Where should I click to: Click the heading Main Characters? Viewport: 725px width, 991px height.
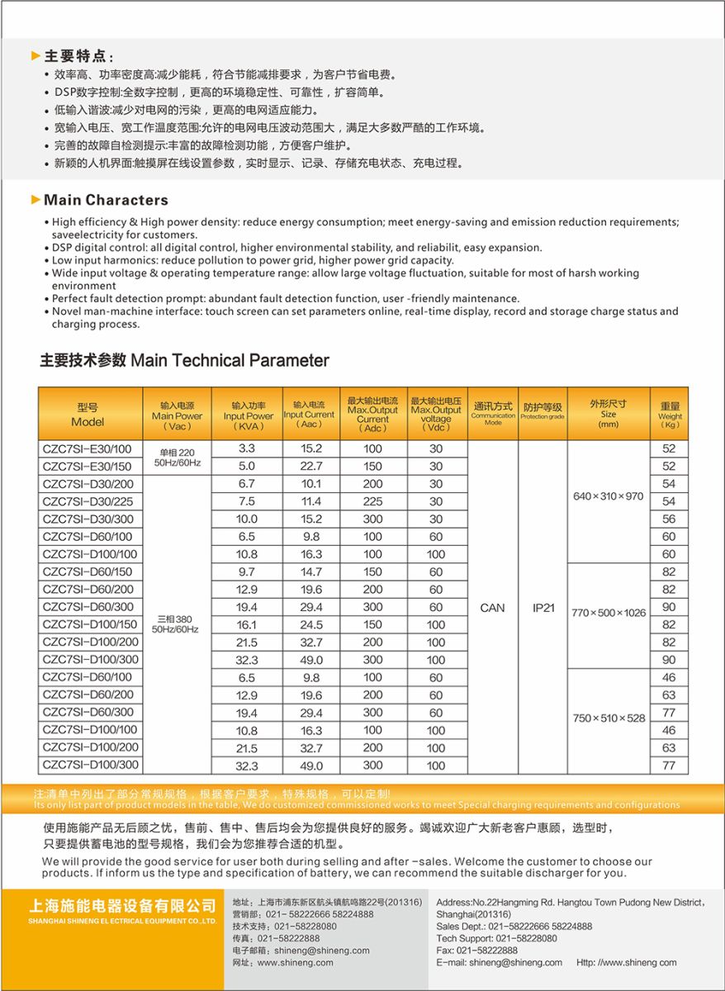tap(106, 200)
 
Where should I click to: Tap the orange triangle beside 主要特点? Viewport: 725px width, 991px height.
tap(36, 56)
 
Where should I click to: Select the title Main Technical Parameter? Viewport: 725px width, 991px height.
tap(184, 361)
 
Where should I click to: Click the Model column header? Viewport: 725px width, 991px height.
tap(88, 414)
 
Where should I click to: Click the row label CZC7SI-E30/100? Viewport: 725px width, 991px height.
tap(87, 449)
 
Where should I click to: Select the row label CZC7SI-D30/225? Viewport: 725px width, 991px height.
tap(87, 502)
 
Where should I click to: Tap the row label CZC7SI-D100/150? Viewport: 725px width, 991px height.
tap(90, 625)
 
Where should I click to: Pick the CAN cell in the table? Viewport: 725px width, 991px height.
tap(492, 608)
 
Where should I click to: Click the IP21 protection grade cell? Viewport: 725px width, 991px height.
tap(543, 608)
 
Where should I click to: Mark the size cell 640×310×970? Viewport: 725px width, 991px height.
tap(608, 496)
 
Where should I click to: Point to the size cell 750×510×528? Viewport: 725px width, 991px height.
tap(609, 718)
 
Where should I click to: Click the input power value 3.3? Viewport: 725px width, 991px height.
tap(247, 449)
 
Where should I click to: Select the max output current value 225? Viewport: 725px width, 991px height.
tap(372, 502)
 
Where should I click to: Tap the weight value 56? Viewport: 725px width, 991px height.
tap(669, 519)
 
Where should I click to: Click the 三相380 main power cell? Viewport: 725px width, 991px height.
tap(175, 624)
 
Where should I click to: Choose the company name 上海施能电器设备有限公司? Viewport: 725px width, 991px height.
tap(123, 907)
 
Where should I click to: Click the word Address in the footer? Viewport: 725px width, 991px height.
tap(453, 903)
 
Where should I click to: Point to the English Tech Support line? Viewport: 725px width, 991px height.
tap(496, 938)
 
